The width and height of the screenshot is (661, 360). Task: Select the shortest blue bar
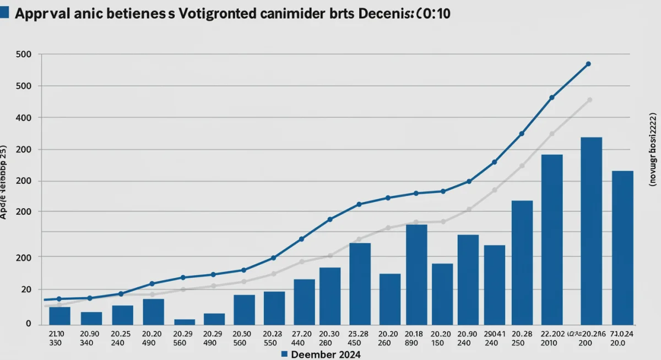click(185, 321)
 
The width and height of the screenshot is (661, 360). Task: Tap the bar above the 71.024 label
click(622, 247)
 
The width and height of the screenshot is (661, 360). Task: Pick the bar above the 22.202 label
click(552, 239)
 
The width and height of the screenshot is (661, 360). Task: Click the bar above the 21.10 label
click(59, 315)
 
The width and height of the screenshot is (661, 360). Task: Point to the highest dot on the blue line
click(588, 64)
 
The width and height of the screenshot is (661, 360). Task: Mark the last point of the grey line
click(589, 100)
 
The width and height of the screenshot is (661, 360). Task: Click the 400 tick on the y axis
click(24, 118)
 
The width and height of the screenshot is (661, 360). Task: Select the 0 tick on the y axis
click(28, 324)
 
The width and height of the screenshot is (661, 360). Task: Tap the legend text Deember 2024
click(326, 354)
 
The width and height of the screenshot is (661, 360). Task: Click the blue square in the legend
click(284, 354)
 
